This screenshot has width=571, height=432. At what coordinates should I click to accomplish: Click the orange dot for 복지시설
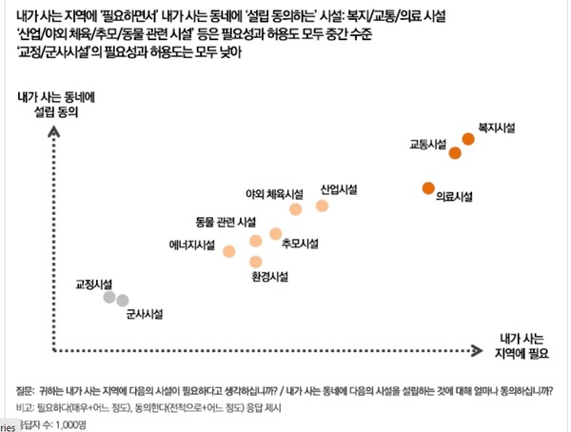pos(468,139)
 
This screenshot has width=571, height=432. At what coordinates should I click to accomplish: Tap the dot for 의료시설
pos(428,187)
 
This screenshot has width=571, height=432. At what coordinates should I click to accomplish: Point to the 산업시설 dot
pos(322,206)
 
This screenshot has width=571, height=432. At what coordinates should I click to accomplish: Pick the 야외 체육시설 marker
pos(296,209)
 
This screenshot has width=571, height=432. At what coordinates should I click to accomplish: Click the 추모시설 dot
pos(275,233)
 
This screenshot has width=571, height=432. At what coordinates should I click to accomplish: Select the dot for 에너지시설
pos(228,251)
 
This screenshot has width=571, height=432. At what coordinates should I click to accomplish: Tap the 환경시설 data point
pos(255,261)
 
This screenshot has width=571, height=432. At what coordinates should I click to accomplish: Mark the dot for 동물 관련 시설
pos(255,241)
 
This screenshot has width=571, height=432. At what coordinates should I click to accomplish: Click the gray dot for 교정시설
pos(109,299)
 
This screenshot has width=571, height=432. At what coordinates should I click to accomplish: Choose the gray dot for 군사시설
pos(123,301)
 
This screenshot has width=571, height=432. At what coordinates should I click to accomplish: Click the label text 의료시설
pos(454,197)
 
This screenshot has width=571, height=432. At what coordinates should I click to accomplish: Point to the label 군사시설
pos(146,314)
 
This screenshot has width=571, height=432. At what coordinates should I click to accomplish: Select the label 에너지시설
pos(190,244)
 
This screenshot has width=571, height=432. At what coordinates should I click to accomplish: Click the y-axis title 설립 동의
pos(54,110)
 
